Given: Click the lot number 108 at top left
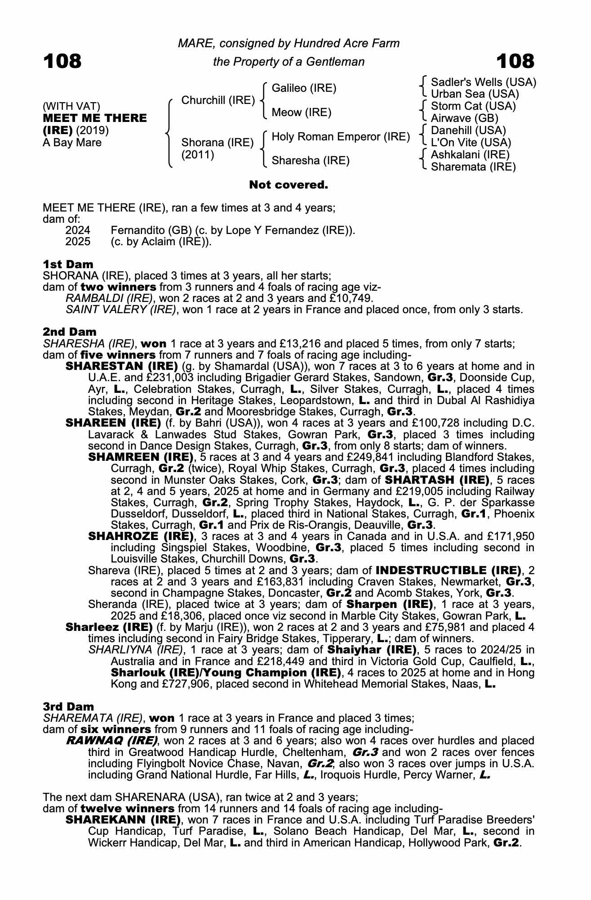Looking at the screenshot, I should pyautogui.click(x=62, y=61).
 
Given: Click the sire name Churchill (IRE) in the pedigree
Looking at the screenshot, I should pyautogui.click(x=218, y=100).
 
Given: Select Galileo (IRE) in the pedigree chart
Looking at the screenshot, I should pyautogui.click(x=304, y=88).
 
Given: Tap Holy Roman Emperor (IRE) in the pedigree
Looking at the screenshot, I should pyautogui.click(x=341, y=136).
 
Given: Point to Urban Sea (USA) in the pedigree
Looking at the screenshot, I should pyautogui.click(x=475, y=94).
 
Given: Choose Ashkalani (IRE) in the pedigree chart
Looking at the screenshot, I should pyautogui.click(x=470, y=155).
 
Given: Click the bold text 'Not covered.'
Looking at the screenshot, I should pyautogui.click(x=289, y=184).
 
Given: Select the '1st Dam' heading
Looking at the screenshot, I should pyautogui.click(x=68, y=264).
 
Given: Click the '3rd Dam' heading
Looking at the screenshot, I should pyautogui.click(x=68, y=706).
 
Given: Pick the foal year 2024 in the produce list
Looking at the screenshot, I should pyautogui.click(x=78, y=230).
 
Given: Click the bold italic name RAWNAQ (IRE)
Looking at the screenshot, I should pyautogui.click(x=111, y=741).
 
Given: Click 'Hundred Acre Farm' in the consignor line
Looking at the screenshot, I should pyautogui.click(x=347, y=43).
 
